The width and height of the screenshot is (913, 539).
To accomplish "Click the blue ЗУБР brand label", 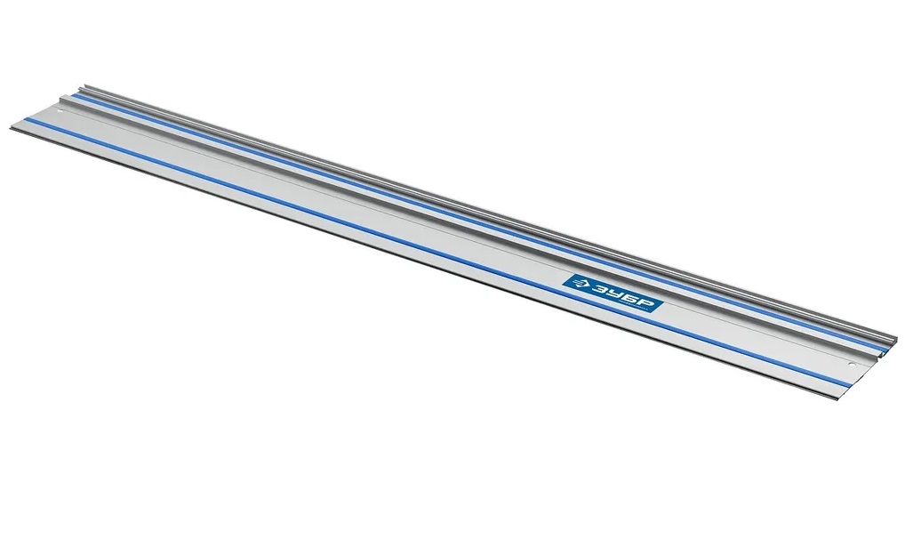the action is [613, 294].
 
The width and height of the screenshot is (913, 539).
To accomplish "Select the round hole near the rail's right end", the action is [850, 365].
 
